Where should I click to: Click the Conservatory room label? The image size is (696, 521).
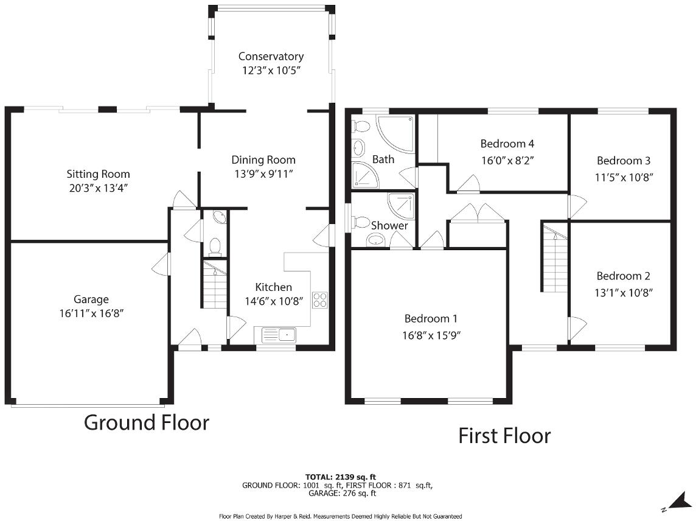click(271, 57)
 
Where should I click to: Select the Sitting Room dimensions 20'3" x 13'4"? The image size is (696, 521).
click(98, 188)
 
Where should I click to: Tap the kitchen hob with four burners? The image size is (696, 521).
click(320, 299)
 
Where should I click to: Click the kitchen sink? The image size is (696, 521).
click(279, 334)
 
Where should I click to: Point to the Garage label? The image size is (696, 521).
click(91, 299)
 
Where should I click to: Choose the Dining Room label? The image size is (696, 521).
click(263, 160)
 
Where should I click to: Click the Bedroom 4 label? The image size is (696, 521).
click(507, 144)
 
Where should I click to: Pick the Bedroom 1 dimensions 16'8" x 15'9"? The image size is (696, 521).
click(431, 335)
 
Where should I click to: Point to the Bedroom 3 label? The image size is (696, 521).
click(624, 161)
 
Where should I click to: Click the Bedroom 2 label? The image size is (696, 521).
click(624, 276)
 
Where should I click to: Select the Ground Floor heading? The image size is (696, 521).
click(146, 422)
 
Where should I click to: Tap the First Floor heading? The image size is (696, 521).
click(504, 436)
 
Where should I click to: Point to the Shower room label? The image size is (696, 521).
click(389, 226)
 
